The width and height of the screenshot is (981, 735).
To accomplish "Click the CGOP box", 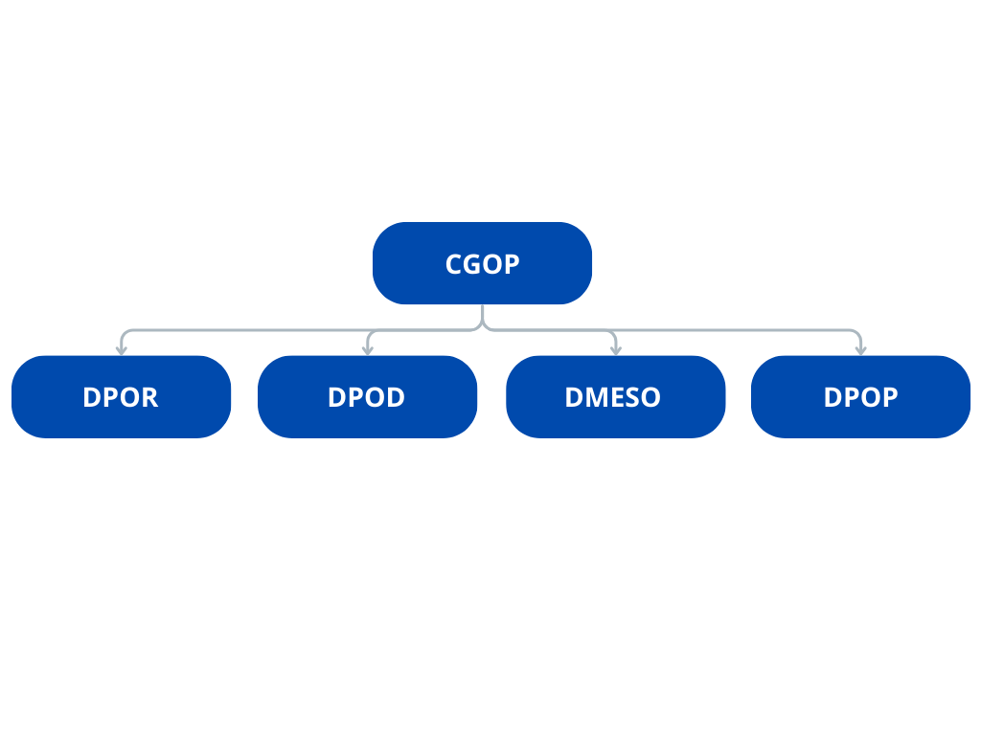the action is (x=483, y=263).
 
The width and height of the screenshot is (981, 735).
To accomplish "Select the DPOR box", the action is (x=122, y=397).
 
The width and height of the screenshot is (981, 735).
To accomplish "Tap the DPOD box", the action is (x=367, y=397).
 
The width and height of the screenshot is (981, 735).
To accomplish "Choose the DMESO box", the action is (x=616, y=397).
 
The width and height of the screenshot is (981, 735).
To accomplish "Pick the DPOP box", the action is (x=861, y=397).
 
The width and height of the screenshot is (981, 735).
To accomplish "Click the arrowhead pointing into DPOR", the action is (x=122, y=351).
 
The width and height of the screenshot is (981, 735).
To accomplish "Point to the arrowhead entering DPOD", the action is (x=368, y=351).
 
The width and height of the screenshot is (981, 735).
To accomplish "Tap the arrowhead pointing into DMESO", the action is (x=616, y=351).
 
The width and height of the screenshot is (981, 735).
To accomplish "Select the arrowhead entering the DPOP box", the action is (x=861, y=351).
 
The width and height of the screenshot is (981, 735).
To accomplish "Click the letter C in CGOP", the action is (x=453, y=264).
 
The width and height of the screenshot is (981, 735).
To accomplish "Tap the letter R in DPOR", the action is (x=149, y=397).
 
